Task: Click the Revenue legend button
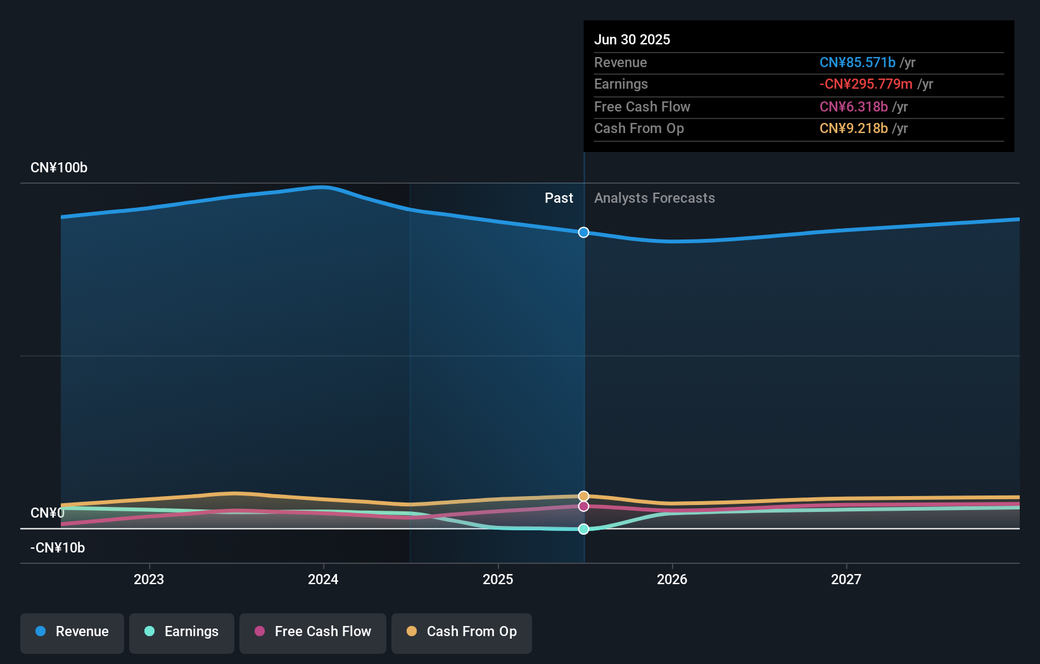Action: pos(72,632)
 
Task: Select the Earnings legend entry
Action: pos(182,632)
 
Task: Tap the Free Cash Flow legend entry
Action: pos(313,632)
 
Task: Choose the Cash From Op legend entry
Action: pos(462,632)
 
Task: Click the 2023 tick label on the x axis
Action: pos(149,579)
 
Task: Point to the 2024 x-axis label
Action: pos(323,579)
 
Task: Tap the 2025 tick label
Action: pos(498,579)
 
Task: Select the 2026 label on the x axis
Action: pos(672,579)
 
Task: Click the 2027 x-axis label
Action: pos(846,579)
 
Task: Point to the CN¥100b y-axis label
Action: pos(59,168)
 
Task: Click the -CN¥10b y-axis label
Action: pos(58,548)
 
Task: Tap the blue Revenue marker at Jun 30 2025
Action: pos(583,233)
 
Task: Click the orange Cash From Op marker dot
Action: pos(583,496)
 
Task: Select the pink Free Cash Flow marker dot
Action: pos(583,506)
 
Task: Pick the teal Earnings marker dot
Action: pos(583,529)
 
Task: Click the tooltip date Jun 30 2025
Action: pos(631,39)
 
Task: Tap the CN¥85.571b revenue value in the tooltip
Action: pos(857,62)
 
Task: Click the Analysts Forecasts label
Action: pos(654,198)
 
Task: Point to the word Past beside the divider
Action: pos(559,198)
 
